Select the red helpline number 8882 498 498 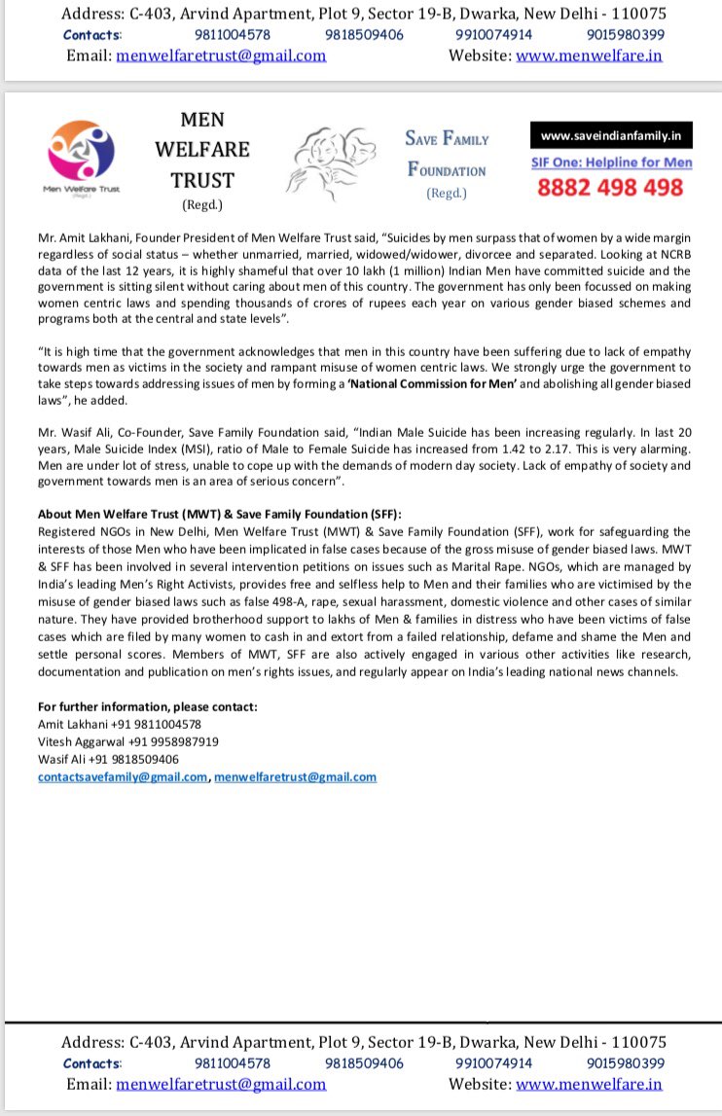(610, 188)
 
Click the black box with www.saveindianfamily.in (611, 136)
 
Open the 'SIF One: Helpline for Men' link (611, 162)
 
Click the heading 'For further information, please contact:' (148, 706)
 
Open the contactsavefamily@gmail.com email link (123, 776)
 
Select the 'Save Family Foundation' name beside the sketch (447, 154)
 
